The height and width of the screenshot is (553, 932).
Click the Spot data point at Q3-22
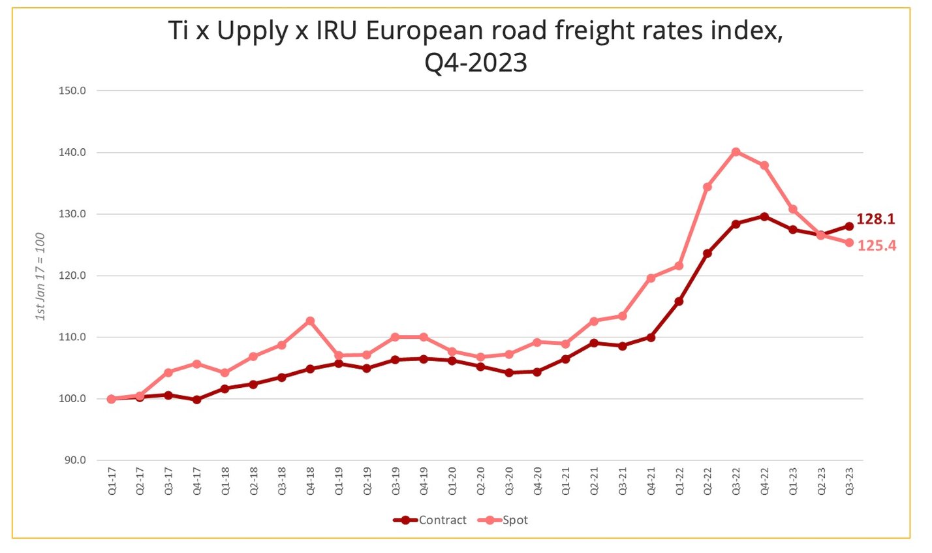coord(736,152)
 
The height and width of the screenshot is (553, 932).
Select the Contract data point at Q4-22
coord(764,216)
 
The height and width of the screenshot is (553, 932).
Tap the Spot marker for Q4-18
coord(310,321)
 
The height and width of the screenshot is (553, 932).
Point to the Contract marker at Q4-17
coord(196,400)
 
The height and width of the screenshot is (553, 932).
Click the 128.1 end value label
coord(875,219)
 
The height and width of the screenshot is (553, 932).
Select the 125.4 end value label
coord(876,246)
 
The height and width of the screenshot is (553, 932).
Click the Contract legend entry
coord(430,520)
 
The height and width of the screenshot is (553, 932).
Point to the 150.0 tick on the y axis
coord(72,91)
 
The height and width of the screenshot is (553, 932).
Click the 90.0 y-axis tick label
coord(74,460)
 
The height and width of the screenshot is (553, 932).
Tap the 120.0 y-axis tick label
coord(72,276)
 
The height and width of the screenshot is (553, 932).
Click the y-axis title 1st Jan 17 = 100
coord(40,276)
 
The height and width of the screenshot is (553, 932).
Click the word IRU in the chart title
coord(337,31)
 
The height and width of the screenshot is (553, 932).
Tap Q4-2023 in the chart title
coord(475,63)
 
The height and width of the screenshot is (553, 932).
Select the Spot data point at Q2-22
coord(707,187)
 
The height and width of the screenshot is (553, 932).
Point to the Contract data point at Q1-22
coord(679,302)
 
